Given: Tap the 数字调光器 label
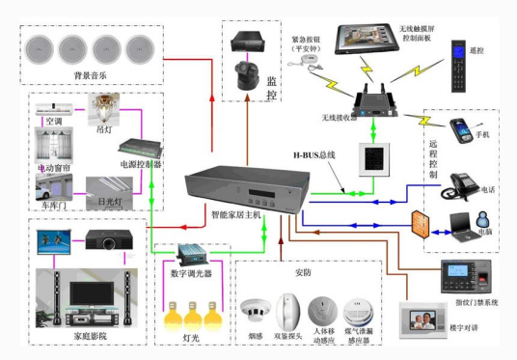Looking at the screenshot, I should click(x=191, y=274).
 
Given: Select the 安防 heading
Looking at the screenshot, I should click(x=303, y=272).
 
